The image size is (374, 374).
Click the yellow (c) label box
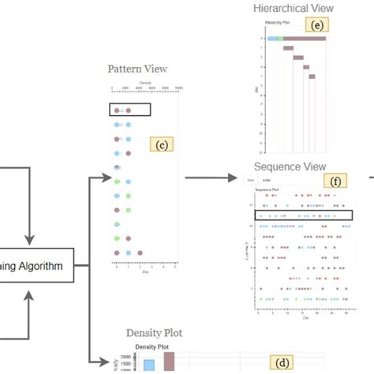coord(160,144)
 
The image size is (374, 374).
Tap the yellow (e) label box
coord(317,25)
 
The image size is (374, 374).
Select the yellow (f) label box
coord(335,181)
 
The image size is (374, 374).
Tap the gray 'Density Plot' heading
coord(154,333)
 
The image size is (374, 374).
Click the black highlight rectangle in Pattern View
coord(126,111)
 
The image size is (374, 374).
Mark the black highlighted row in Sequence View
coord(303,215)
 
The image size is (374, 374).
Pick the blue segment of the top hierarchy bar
coord(272,38)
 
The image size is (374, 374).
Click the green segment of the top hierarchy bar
coord(280,38)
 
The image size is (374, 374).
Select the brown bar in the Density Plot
coord(168,361)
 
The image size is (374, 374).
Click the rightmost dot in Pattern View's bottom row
coord(140,253)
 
